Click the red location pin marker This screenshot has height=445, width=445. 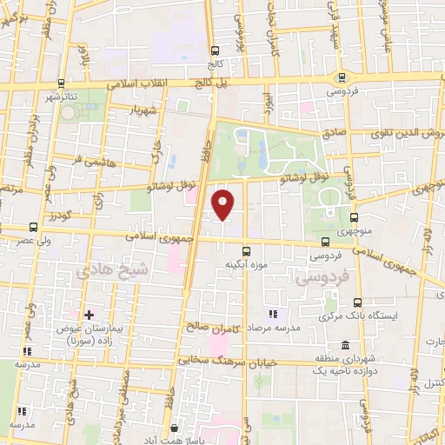coord(223,203)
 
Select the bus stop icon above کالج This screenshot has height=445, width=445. coord(214,50)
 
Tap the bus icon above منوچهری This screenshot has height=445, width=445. coord(353,218)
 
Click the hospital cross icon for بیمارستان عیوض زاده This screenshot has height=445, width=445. coord(88,314)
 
